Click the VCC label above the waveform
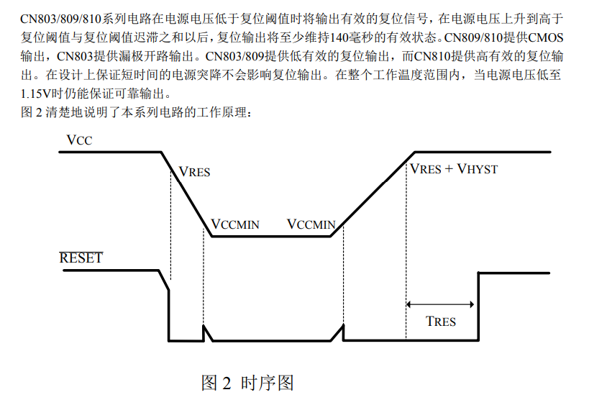[x=79, y=140]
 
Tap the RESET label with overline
[x=81, y=258]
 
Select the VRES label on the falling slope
[x=194, y=172]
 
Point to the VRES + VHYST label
[x=453, y=169]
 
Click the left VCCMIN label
[x=235, y=224]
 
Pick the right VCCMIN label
[x=311, y=224]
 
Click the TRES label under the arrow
[x=441, y=322]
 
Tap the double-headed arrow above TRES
[x=440, y=304]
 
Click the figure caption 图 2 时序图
[x=247, y=383]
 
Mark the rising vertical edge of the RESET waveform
[x=478, y=306]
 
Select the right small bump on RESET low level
[x=339, y=332]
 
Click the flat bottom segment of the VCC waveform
[x=271, y=237]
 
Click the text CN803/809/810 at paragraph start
[x=60, y=19]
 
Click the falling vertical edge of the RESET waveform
[x=169, y=315]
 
